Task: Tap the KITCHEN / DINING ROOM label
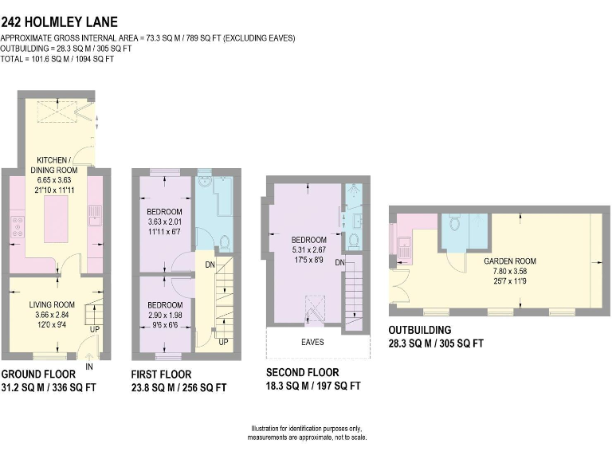(54, 164)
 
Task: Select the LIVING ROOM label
(52, 304)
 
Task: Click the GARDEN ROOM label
(510, 261)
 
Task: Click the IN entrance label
(89, 366)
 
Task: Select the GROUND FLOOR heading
(38, 374)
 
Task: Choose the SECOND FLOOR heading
(302, 372)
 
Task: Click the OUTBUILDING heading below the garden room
(420, 330)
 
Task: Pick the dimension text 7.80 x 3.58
(510, 272)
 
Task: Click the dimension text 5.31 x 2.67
(308, 250)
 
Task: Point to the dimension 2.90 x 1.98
(164, 316)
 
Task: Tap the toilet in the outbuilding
(455, 221)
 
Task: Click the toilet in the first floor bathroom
(225, 242)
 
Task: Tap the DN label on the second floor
(339, 262)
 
